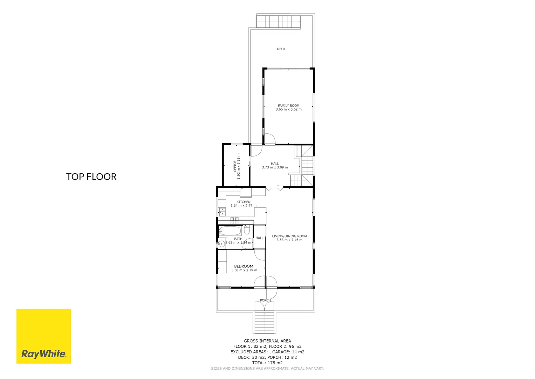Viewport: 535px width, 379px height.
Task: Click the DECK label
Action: [x=281, y=49]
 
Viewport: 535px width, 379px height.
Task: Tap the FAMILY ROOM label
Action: [x=288, y=106]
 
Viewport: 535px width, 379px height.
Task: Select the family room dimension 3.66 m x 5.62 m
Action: [x=288, y=109]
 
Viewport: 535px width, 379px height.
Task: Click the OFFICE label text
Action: [x=235, y=166]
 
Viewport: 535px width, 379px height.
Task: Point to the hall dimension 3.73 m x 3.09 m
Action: [x=275, y=167]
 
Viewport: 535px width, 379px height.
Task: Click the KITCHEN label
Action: [x=244, y=202]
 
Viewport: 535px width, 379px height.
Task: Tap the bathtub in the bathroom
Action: [x=230, y=231]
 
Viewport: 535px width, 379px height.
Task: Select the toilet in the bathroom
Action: [x=247, y=230]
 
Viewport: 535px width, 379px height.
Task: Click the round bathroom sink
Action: [x=221, y=244]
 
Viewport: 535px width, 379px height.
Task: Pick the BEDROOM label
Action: [x=244, y=266]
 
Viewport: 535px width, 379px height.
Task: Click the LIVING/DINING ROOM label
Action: [x=289, y=236]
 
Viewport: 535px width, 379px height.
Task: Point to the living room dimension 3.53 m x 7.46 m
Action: [x=289, y=240]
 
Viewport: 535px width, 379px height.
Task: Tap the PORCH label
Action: [x=265, y=300]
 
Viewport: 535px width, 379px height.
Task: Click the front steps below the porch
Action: [x=265, y=323]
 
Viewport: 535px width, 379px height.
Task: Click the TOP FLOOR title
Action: [x=91, y=177]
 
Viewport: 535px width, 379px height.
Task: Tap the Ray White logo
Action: [x=43, y=336]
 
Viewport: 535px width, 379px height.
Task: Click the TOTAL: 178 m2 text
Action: [x=267, y=363]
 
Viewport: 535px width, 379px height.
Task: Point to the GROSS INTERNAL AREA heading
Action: [x=267, y=341]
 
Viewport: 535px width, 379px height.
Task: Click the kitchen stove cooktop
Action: [x=234, y=219]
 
